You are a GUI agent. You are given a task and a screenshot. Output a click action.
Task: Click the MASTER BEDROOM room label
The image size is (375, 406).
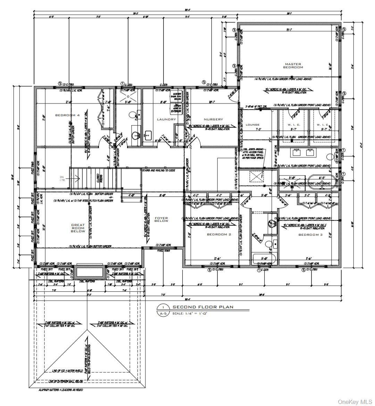point(293,65)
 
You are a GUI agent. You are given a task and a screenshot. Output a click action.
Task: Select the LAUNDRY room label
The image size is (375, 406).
point(167,119)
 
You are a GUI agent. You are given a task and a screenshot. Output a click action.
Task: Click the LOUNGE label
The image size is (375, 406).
point(253,124)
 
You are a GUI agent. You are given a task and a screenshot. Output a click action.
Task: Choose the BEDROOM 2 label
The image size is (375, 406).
point(219,235)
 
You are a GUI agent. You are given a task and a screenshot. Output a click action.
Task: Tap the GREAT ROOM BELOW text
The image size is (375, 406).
point(78,228)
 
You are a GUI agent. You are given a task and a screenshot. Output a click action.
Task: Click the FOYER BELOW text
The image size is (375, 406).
point(161,219)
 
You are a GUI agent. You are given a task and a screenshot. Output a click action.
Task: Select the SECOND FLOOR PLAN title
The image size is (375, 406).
point(203,307)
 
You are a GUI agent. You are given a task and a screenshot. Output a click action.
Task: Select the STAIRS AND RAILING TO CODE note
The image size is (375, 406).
point(158,170)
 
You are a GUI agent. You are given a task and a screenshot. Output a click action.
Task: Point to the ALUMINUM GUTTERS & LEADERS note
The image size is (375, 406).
point(61,390)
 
